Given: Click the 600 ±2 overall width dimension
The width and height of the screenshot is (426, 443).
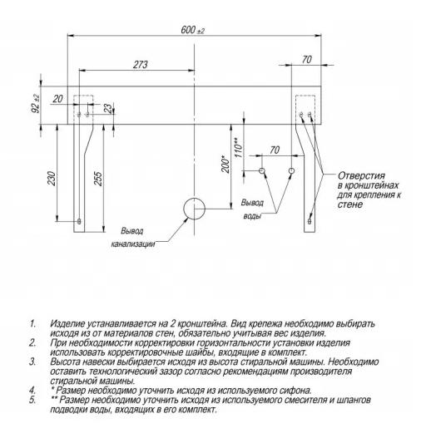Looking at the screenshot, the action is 193,30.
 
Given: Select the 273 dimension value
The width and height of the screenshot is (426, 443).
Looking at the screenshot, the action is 141,65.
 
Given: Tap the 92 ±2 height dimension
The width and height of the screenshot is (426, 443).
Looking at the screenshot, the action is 36,103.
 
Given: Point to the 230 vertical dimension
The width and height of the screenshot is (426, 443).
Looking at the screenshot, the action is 52,178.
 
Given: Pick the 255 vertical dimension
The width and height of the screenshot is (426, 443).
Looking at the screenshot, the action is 98,179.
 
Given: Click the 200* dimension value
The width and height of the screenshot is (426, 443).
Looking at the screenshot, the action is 226,164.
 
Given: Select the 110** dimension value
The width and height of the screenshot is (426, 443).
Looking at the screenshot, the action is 238,147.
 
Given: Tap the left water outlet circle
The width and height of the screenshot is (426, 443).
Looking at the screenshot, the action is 262,170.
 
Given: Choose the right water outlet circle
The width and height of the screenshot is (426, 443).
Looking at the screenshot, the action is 292,170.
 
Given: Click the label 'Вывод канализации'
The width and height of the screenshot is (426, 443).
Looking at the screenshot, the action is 133,238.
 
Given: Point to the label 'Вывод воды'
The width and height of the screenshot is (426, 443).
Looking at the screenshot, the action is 252,209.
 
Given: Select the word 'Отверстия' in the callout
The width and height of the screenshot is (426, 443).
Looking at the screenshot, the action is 361,175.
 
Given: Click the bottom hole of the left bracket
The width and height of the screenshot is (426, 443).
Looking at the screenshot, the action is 79,220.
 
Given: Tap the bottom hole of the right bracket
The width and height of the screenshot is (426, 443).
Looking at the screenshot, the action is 310,220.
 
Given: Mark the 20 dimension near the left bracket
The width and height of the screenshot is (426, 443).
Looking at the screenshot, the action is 57,99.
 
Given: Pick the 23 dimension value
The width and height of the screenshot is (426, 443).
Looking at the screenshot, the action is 108,108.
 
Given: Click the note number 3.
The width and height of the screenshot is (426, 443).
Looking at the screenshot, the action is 32,362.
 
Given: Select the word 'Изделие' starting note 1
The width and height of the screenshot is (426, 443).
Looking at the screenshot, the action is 68,323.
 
